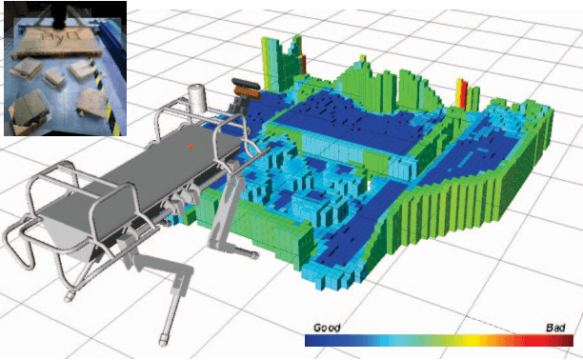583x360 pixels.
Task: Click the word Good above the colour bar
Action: [327, 327]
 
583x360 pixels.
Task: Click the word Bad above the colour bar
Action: [555, 327]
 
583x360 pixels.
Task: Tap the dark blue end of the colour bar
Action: [312, 339]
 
